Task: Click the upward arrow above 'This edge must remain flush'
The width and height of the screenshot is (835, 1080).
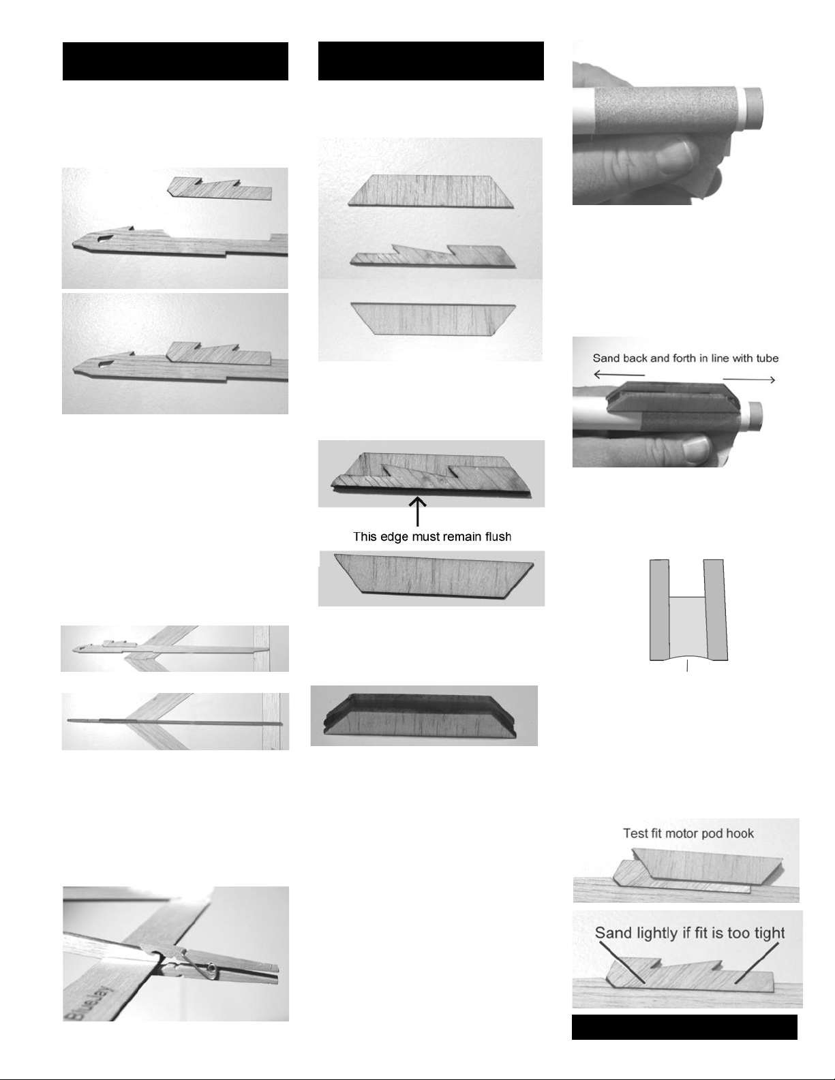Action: click(417, 512)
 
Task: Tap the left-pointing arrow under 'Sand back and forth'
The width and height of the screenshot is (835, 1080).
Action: click(620, 374)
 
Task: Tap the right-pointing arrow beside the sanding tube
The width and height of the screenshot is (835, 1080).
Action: click(749, 380)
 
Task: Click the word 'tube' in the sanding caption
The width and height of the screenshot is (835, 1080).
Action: click(767, 358)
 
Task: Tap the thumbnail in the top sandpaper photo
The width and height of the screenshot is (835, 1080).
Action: click(673, 156)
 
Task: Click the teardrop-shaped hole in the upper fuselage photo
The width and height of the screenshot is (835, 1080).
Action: click(106, 239)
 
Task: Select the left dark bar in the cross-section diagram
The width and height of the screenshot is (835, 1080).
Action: click(660, 609)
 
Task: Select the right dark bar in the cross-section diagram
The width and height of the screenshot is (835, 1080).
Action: click(715, 609)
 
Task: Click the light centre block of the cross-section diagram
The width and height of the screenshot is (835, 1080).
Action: click(687, 628)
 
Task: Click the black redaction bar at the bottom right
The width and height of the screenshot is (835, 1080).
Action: click(684, 1027)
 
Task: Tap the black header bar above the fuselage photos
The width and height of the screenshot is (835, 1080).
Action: click(175, 61)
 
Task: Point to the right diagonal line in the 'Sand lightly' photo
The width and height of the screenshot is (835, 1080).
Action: click(757, 963)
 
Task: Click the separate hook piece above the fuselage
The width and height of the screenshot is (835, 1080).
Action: click(219, 189)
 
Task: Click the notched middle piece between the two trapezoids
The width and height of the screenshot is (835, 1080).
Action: click(433, 256)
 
